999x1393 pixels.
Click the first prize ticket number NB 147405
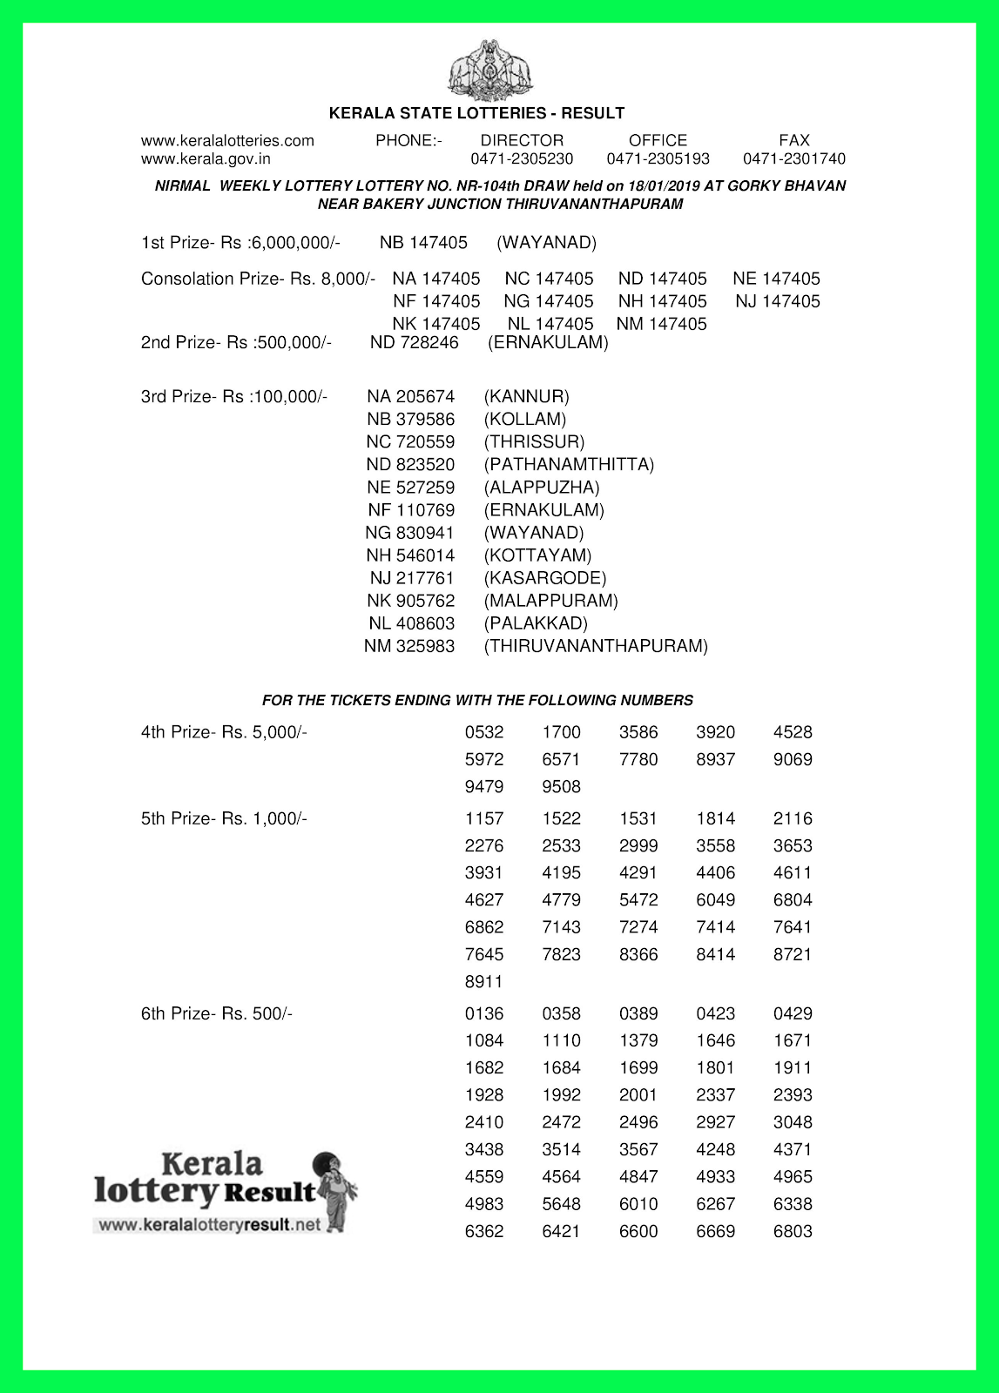[423, 243]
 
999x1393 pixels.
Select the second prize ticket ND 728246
[414, 343]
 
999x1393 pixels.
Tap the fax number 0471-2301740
[793, 159]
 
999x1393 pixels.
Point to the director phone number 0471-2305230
[522, 159]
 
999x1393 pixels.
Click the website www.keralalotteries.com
[227, 140]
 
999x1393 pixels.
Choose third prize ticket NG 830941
[409, 533]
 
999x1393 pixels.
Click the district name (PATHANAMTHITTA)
[569, 465]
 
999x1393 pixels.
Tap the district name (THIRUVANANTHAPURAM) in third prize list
[596, 646]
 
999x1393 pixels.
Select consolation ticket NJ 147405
[777, 301]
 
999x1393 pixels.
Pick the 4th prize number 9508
[561, 787]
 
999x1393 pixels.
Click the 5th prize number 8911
[483, 982]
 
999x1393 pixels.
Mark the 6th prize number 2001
[638, 1095]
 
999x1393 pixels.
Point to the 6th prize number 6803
[793, 1231]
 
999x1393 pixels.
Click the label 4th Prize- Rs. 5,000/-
[224, 732]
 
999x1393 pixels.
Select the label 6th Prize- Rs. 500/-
[217, 1014]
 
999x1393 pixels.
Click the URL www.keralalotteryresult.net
[210, 1225]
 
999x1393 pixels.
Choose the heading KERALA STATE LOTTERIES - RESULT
[476, 113]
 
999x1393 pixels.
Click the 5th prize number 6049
[715, 900]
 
